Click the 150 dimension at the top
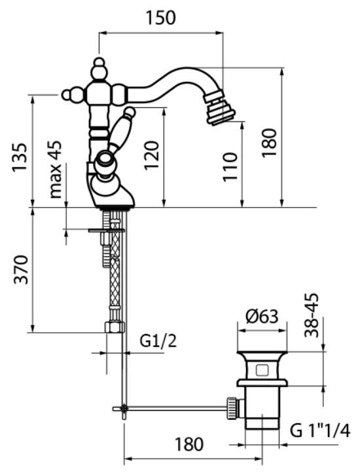pos(160,18)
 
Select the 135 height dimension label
pos(20,158)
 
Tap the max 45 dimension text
pos(56,170)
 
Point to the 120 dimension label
pos(152,155)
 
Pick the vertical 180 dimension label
pos(269,143)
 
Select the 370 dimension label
pos(21,270)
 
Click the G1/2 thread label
pos(158,341)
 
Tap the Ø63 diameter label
pos(262,317)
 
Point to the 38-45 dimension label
pos(312,315)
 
